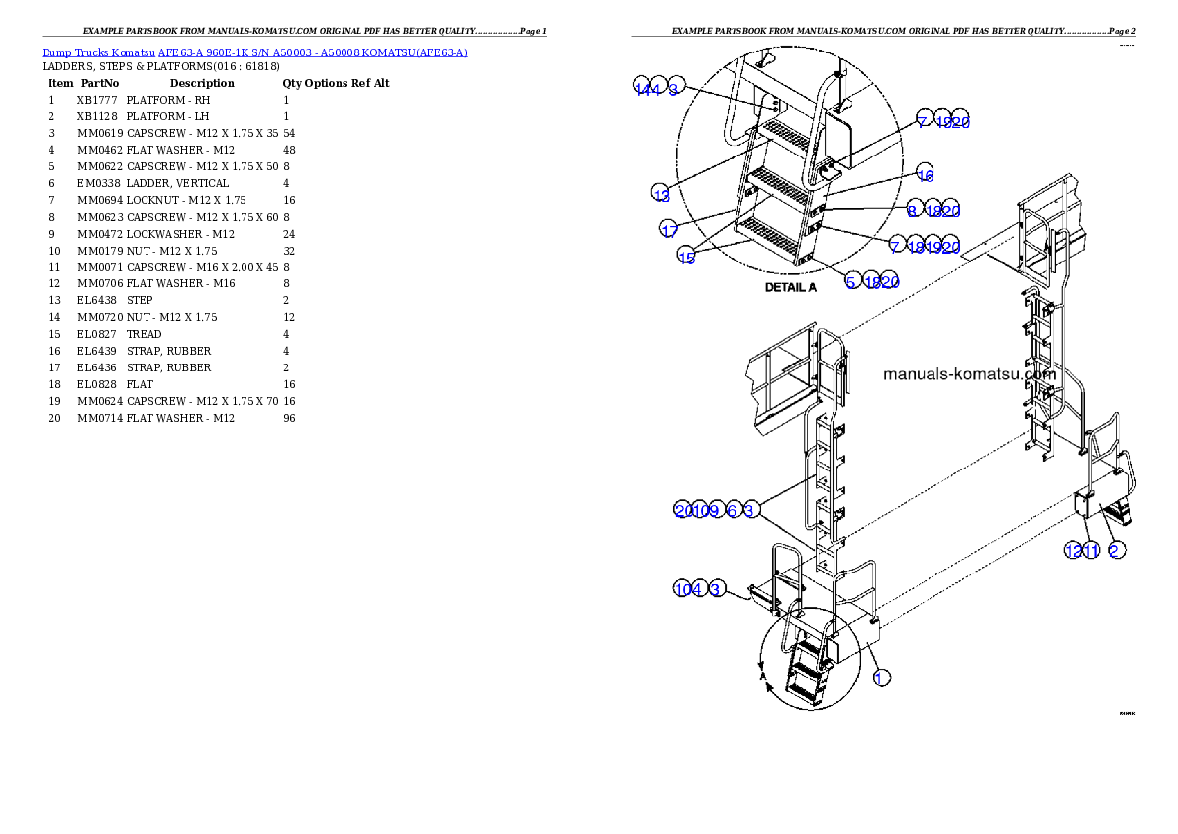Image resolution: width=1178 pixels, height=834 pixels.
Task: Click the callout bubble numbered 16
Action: click(x=925, y=174)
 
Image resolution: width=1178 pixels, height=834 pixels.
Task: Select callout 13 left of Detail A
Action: click(x=661, y=192)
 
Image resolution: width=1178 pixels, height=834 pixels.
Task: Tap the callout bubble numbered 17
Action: click(x=669, y=229)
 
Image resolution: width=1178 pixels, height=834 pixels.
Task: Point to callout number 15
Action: click(x=686, y=257)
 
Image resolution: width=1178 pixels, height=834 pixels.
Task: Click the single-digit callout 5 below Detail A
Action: click(x=851, y=281)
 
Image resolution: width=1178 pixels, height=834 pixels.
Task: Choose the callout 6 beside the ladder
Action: click(x=732, y=510)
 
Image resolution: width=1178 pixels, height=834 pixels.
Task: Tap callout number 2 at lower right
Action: click(x=1116, y=550)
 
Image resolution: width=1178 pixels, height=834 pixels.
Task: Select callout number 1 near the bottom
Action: click(x=881, y=678)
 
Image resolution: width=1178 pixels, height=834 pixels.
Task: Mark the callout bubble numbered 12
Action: click(x=1072, y=550)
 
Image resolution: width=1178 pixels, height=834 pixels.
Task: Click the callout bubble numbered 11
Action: click(x=1090, y=550)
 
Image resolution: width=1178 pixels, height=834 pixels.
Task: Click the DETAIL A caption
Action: click(x=790, y=288)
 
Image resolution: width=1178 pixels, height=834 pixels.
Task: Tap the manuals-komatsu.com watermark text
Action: click(x=969, y=375)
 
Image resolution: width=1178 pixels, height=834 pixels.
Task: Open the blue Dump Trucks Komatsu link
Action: click(x=254, y=52)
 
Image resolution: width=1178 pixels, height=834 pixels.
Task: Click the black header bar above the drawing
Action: click(x=883, y=36)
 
